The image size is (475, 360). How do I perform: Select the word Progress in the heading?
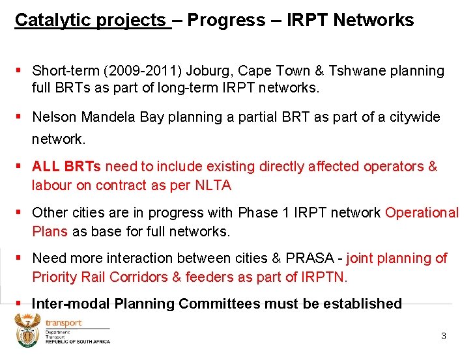point(225,20)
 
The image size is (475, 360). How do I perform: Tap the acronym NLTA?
point(213,186)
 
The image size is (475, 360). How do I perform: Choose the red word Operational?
point(422,213)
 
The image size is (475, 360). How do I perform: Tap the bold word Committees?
point(274,304)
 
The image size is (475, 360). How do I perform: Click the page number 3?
point(444,337)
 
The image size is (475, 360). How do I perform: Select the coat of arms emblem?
point(27,331)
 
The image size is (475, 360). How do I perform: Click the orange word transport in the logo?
point(63,322)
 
